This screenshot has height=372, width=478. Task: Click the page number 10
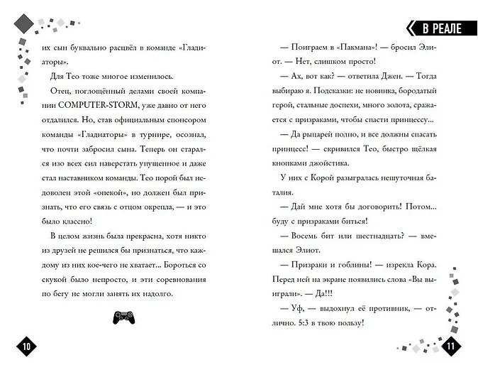(26, 346)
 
